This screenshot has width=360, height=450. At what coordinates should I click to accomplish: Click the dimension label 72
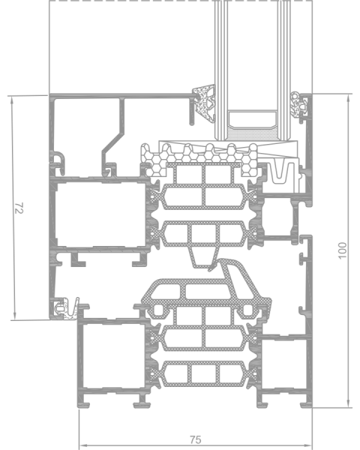coord(19,208)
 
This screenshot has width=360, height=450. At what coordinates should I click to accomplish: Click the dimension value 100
coord(343,250)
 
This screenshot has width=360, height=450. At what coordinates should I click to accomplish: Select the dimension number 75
coord(196,439)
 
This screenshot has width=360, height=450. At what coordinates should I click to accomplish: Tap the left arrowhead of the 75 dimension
coord(82,445)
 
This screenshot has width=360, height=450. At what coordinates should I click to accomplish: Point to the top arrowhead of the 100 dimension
coord(348,99)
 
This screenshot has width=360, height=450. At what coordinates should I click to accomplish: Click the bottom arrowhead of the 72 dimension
coord(13,316)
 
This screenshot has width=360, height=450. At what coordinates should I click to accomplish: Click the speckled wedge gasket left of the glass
coord(205,103)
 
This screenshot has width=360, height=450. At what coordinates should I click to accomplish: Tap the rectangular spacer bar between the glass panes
coord(252,120)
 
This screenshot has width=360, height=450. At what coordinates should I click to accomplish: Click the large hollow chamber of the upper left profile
coord(101,214)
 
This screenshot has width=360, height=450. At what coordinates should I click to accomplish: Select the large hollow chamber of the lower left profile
coord(112,355)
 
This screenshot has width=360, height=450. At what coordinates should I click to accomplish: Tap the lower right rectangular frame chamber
coord(283,364)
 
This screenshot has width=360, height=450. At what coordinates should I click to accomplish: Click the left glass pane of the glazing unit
coord(221,70)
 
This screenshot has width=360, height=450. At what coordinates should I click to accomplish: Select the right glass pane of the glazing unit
coord(284,70)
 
